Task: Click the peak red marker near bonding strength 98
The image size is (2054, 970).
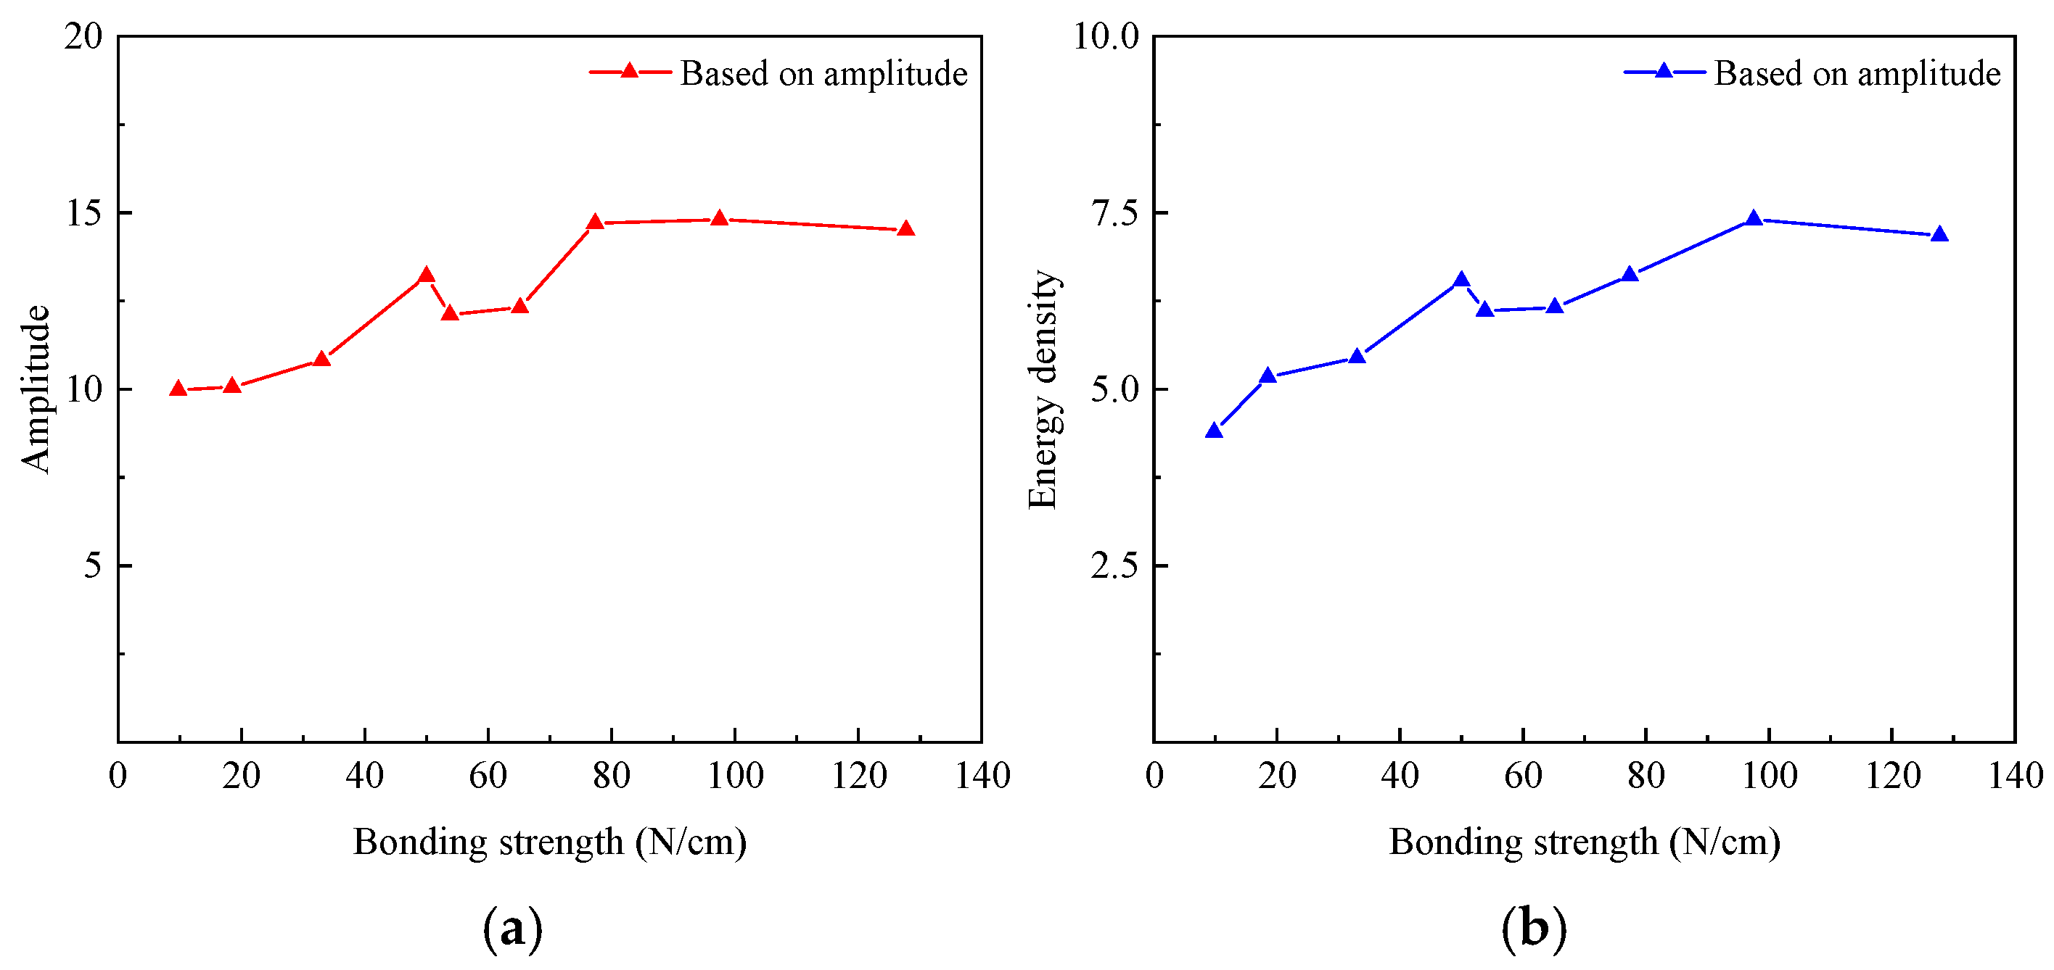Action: click(719, 218)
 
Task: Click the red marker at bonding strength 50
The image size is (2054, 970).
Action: click(427, 275)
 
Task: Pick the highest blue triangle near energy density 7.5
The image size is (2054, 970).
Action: click(1754, 218)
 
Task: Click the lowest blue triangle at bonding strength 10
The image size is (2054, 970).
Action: click(1215, 431)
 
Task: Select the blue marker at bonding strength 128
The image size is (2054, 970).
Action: click(1940, 234)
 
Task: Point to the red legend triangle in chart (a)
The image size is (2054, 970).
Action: click(629, 72)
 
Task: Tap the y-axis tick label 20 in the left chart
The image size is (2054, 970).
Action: click(83, 37)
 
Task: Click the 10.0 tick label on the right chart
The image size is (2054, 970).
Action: click(1106, 37)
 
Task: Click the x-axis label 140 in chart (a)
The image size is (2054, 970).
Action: click(982, 776)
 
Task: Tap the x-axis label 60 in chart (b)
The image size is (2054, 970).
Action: click(1523, 776)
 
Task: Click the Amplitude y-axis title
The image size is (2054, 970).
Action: click(36, 389)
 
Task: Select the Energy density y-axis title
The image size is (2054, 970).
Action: click(1042, 389)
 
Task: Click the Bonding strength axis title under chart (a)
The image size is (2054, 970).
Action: click(549, 842)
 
